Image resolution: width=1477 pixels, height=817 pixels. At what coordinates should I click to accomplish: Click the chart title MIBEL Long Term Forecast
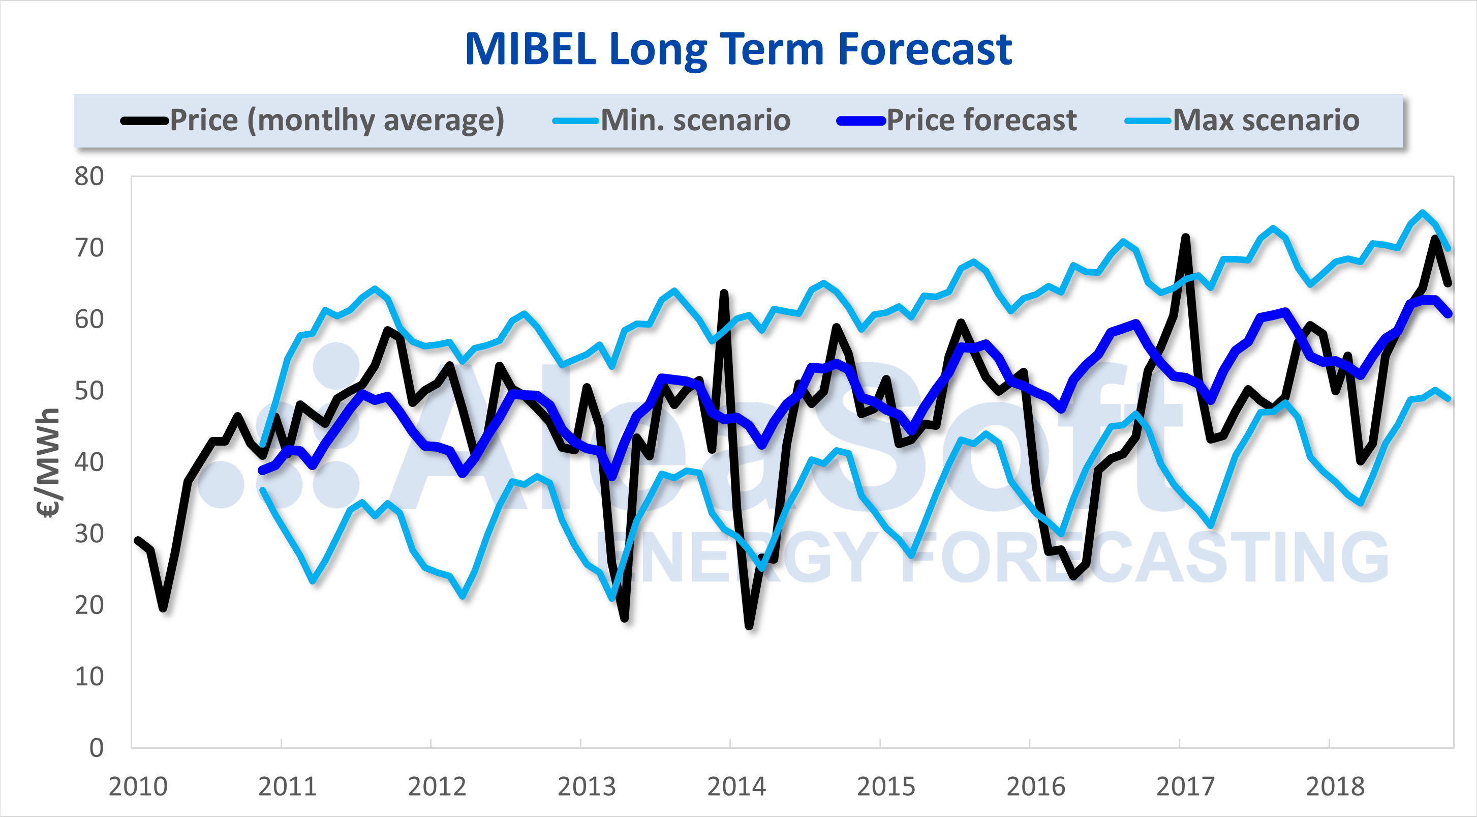click(x=738, y=49)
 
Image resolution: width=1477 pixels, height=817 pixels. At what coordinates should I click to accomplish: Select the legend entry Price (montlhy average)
click(x=336, y=121)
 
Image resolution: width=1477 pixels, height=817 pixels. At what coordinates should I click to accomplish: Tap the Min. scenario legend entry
click(x=695, y=121)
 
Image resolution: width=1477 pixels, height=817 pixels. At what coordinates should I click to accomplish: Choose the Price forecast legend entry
click(x=981, y=121)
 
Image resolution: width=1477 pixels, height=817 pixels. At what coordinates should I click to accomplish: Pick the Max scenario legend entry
click(x=1266, y=121)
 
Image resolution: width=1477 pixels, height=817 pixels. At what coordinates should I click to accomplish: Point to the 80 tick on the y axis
click(x=89, y=177)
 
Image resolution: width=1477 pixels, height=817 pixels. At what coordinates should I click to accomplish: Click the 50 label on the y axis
click(x=89, y=391)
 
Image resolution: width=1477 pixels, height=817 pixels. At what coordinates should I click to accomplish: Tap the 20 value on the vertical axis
click(x=89, y=605)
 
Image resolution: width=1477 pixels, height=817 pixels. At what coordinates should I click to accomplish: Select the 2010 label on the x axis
click(x=138, y=786)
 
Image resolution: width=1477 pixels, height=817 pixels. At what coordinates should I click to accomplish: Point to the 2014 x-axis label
click(x=736, y=786)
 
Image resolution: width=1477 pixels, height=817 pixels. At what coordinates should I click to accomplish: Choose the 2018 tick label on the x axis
click(x=1335, y=786)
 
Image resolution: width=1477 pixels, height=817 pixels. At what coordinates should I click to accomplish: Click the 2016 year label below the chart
click(x=1035, y=786)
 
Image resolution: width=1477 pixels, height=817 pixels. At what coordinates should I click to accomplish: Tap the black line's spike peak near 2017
click(x=1185, y=237)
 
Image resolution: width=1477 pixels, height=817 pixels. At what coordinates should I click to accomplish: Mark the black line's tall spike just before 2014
click(x=724, y=293)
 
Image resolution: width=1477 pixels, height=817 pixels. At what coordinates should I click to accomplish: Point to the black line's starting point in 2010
click(x=138, y=540)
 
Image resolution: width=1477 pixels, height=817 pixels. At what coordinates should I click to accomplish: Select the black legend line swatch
click(x=144, y=121)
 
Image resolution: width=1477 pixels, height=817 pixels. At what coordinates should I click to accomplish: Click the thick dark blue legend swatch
click(x=860, y=121)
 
